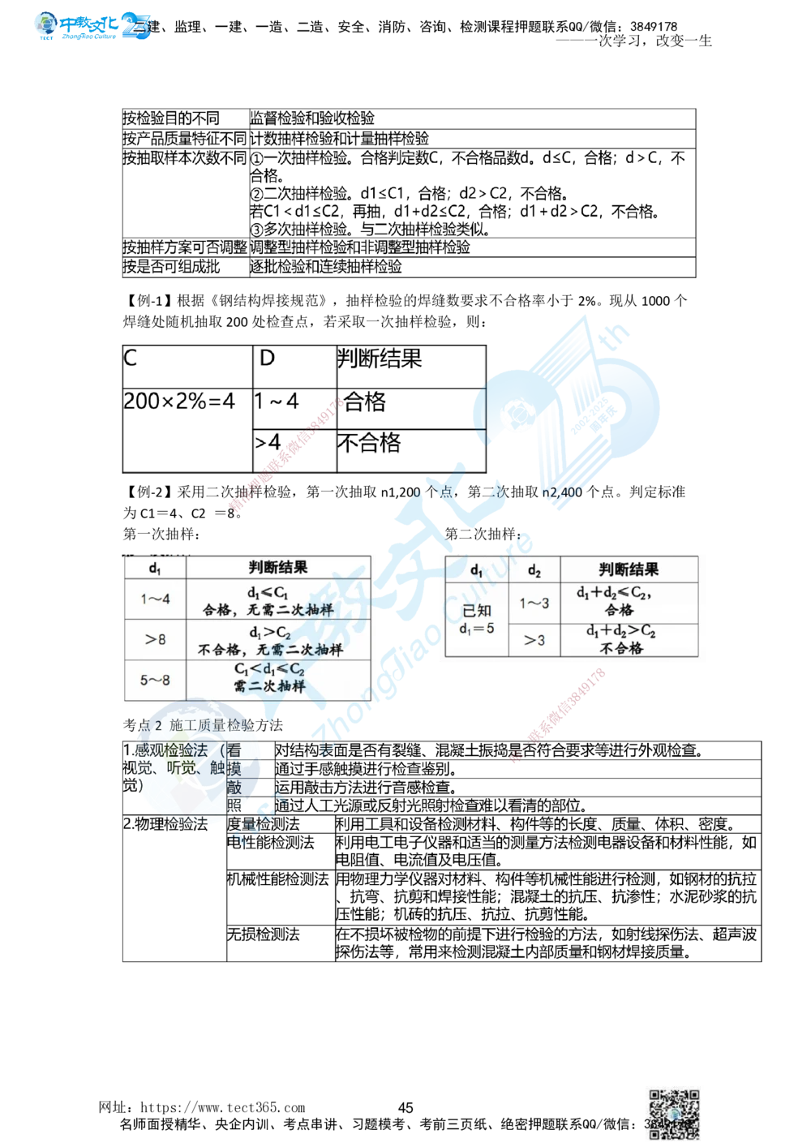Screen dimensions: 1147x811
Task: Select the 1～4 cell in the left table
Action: [x=155, y=600]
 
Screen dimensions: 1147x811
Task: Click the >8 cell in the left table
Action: [x=155, y=640]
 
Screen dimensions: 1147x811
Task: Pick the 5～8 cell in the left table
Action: [x=155, y=680]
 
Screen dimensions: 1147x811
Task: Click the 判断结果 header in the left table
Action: [x=278, y=568]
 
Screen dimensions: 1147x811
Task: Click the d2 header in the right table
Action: [x=534, y=570]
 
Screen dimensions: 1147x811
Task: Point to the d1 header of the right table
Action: [x=477, y=570]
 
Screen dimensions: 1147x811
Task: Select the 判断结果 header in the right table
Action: [x=629, y=569]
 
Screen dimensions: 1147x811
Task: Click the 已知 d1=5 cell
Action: [x=477, y=618]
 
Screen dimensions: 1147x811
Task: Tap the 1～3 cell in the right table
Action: [x=534, y=603]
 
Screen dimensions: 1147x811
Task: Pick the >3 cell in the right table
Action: [x=534, y=640]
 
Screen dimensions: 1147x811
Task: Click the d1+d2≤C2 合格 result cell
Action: [x=618, y=602]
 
